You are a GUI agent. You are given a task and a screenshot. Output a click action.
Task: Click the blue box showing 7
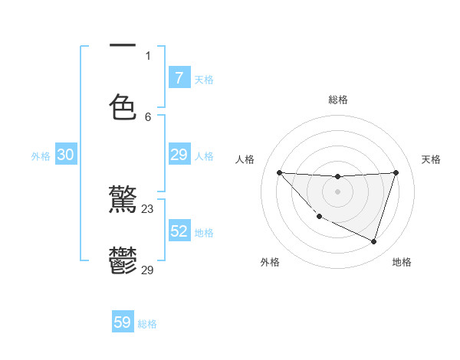pos(179,77)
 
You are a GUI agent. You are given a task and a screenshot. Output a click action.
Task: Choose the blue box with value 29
pos(179,155)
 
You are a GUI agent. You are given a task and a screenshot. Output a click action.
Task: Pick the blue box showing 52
pos(179,231)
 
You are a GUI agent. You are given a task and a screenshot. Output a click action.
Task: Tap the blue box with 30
pos(66,155)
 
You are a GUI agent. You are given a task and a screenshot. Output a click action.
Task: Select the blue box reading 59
pos(123,322)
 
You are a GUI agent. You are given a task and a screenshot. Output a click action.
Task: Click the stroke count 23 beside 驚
pos(148,209)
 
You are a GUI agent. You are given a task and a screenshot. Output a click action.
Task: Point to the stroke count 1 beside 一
pos(148,55)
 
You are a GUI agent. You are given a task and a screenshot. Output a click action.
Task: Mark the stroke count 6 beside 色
pos(148,116)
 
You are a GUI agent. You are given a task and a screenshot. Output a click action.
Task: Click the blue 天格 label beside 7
pos(204,79)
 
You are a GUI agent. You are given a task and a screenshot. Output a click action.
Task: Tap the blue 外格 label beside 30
pos(41,156)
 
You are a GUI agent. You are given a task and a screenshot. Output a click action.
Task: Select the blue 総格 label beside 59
pos(147,324)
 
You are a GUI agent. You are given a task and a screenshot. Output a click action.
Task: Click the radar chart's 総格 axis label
pos(338,100)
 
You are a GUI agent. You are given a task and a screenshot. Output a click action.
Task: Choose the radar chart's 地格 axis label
pos(402,262)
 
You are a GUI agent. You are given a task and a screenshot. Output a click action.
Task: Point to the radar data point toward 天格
pos(396,172)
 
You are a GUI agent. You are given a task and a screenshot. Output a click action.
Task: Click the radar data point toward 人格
pos(279,172)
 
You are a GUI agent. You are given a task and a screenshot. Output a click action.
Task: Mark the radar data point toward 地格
pos(373,241)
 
